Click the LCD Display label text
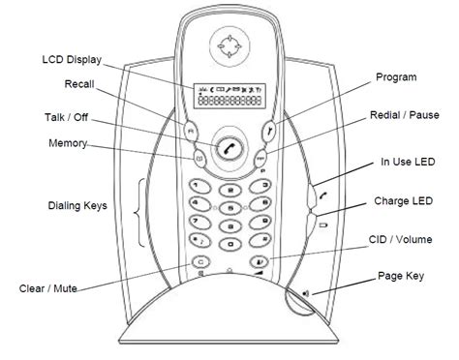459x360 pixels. click(72, 60)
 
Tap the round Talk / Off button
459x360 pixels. click(229, 148)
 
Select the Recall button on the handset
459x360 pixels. click(191, 131)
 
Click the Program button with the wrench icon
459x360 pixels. click(269, 131)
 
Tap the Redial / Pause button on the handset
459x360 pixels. click(260, 158)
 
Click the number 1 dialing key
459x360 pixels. click(199, 187)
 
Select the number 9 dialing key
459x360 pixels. click(260, 222)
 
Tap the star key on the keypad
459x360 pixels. click(199, 241)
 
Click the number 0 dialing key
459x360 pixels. click(230, 244)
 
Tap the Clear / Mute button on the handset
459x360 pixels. click(200, 262)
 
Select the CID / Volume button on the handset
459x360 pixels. click(260, 261)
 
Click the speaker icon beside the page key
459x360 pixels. click(306, 293)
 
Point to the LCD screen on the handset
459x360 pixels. click(229, 96)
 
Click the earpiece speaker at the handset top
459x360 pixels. click(229, 46)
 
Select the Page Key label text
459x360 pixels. click(401, 277)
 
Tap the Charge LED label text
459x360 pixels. click(403, 201)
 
